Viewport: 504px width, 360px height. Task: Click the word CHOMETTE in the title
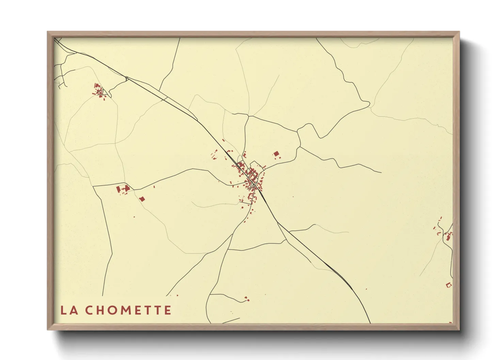[x=128, y=310]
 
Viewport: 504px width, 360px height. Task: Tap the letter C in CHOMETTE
[x=89, y=310]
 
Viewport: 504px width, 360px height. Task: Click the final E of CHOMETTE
[x=167, y=310]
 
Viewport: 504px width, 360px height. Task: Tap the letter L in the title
[x=63, y=310]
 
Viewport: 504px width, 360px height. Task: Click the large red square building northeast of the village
[x=276, y=154]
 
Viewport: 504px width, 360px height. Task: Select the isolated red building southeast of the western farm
[x=142, y=199]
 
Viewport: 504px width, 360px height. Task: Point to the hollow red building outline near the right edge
[x=449, y=285]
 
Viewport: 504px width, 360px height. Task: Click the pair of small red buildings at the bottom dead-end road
[x=247, y=299]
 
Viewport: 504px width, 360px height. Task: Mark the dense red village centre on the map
[x=252, y=177]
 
